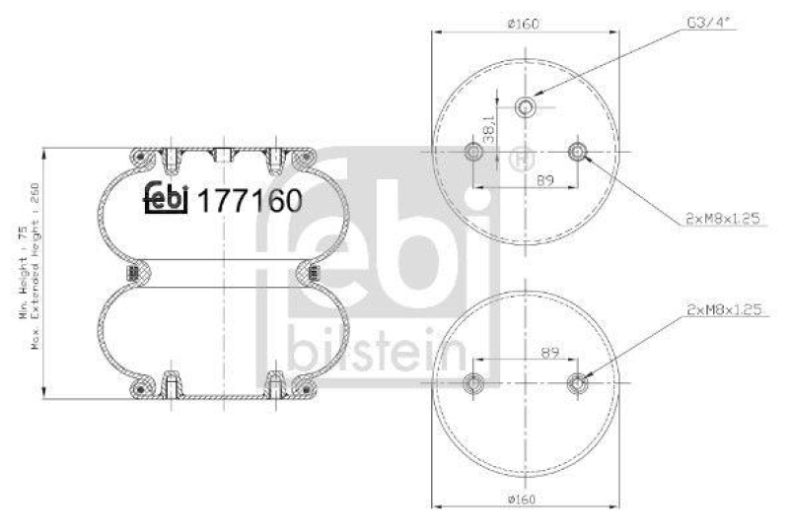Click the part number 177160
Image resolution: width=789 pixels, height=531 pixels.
250,200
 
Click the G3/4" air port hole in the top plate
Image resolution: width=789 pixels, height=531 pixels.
526,106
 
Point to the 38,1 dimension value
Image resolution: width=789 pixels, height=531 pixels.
501,130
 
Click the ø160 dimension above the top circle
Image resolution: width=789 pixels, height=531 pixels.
525,24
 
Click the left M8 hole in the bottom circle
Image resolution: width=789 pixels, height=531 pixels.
473,384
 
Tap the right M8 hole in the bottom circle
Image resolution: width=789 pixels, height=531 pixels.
577,384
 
